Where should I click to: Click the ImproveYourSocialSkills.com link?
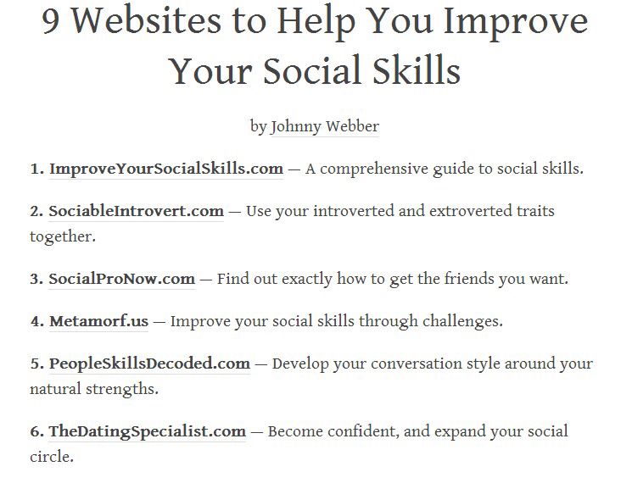[166, 169]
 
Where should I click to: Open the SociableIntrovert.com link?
[137, 211]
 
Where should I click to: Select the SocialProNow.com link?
[121, 279]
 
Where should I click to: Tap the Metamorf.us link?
[98, 321]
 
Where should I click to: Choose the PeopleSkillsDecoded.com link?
[149, 364]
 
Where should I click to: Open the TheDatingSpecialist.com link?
[147, 431]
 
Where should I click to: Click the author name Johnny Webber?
[325, 126]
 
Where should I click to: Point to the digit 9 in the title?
[51, 22]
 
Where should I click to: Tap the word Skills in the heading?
[416, 70]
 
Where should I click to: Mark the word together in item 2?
[63, 236]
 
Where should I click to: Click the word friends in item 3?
[469, 279]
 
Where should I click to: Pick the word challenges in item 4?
[462, 322]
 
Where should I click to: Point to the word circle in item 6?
[52, 457]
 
